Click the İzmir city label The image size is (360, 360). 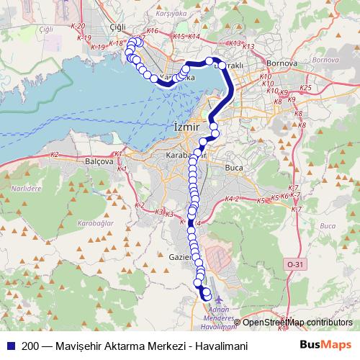[186, 127]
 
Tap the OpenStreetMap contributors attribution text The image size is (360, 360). [297, 322]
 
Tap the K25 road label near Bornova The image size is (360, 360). [305, 88]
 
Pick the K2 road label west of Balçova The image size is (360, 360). [55, 155]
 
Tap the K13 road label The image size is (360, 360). [249, 47]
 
